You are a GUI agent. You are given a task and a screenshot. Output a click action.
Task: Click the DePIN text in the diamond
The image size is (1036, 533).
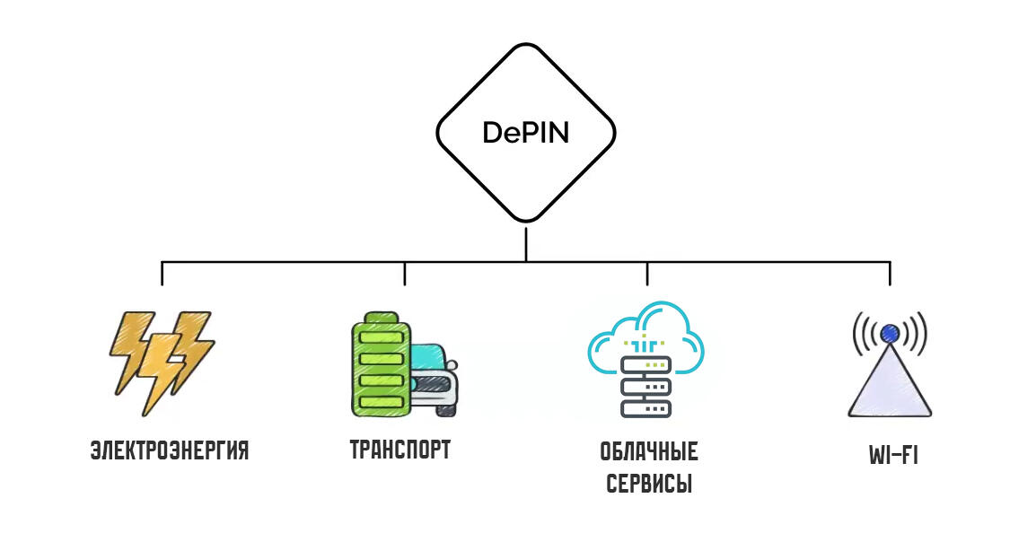point(526,133)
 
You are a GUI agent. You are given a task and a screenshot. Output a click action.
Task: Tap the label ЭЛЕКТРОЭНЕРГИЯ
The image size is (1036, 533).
point(170,450)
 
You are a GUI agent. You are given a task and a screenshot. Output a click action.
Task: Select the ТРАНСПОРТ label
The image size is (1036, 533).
point(400,450)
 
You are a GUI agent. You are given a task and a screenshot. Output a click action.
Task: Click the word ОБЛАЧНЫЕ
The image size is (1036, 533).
point(649,450)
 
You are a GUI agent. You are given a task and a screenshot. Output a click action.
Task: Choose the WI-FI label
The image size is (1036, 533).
point(893,456)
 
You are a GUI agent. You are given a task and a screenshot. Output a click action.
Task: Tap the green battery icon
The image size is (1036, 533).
point(381,368)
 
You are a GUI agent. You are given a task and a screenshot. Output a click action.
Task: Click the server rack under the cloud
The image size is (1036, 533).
point(646,386)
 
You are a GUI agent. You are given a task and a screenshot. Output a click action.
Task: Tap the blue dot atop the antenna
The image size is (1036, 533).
point(890,334)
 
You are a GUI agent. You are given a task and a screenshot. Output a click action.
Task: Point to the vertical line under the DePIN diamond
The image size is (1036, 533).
point(526,242)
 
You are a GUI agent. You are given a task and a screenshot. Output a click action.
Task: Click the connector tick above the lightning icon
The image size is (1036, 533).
point(162,273)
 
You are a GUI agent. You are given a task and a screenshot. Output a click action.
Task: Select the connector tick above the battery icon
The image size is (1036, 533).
point(405,273)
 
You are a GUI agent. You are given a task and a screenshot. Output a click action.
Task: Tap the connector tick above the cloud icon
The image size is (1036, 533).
point(647,273)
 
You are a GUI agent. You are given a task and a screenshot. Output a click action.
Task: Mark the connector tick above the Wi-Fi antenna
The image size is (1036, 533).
point(890,273)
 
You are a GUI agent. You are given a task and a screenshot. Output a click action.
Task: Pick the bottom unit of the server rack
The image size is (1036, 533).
point(646,407)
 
